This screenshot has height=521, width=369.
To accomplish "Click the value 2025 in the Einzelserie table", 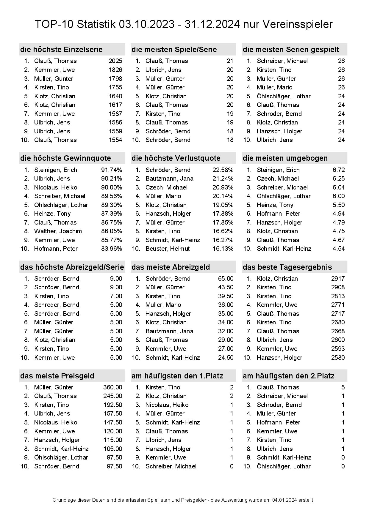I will (115, 61).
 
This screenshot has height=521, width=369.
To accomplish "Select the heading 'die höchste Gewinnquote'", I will (65, 158).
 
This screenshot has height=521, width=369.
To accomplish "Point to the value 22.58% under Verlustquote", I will (223, 170).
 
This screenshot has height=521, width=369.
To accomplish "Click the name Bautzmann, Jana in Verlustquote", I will (169, 179).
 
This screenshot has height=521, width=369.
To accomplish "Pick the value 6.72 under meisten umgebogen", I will (339, 170).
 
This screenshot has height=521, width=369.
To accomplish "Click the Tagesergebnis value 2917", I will (338, 279).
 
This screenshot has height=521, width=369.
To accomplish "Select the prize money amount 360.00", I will (112, 387).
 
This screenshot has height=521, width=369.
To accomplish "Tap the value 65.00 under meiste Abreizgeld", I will (226, 279).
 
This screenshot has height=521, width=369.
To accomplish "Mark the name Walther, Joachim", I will (58, 231).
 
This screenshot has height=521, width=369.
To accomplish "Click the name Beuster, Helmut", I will (168, 249).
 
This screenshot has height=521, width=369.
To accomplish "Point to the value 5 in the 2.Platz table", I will (343, 387).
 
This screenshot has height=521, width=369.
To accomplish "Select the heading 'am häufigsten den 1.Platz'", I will (177, 376).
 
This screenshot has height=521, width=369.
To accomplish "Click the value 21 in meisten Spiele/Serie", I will (230, 61).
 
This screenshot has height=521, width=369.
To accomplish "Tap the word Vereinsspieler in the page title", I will (288, 24).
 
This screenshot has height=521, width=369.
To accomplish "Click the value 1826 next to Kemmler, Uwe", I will (115, 70).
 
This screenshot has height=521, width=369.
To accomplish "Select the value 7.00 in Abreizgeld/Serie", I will (116, 296).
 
